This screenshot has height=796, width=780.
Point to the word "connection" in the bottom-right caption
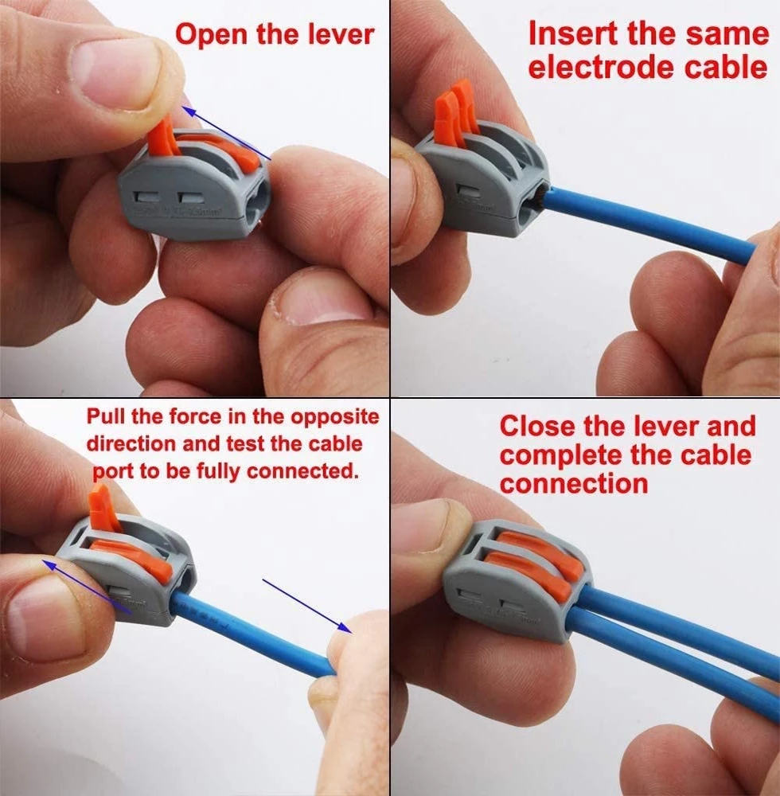(x=573, y=483)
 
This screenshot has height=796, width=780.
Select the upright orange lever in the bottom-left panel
(x=103, y=509)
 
